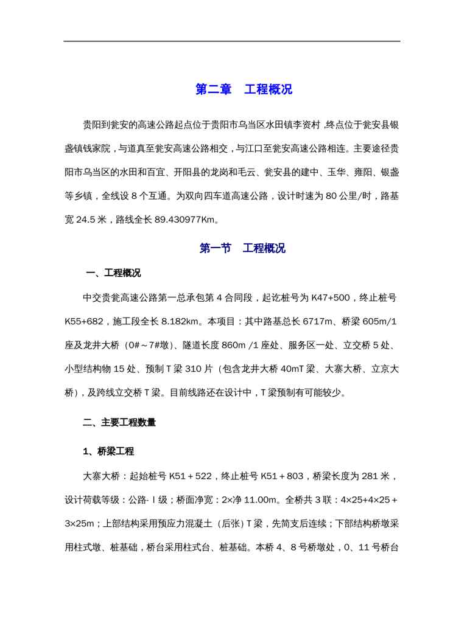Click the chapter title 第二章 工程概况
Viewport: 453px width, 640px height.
tap(244, 89)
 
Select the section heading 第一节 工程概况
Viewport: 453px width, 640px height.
tap(242, 248)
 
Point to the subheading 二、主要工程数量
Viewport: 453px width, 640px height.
tap(119, 422)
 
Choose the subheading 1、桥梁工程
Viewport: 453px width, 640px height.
tap(108, 451)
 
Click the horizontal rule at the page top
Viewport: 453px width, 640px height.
tap(232, 41)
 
